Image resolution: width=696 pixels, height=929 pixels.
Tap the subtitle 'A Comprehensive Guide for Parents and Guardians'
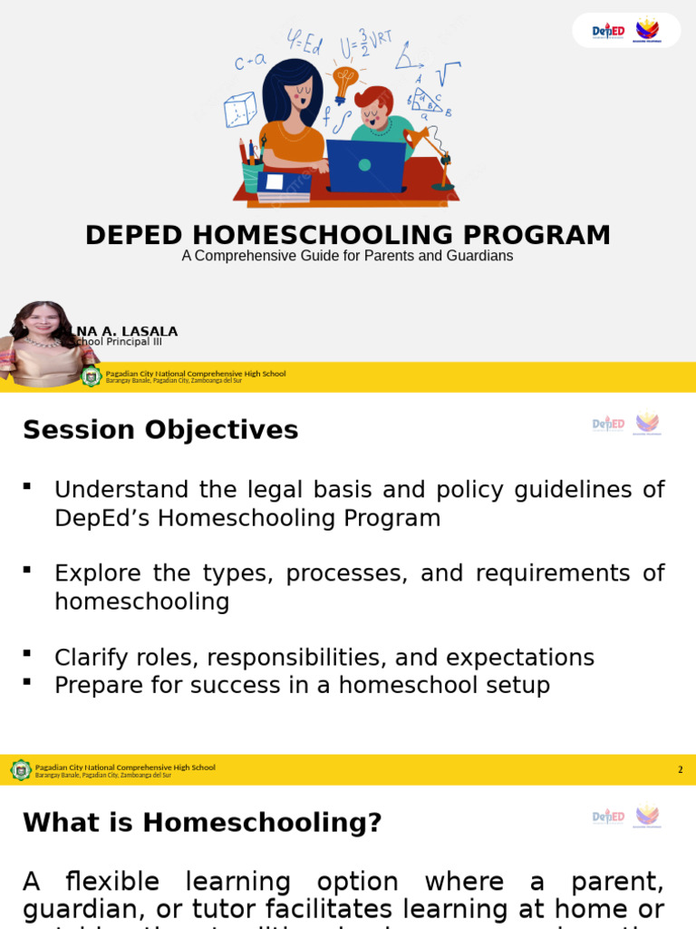(x=347, y=256)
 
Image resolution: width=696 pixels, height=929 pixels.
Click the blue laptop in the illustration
(x=364, y=165)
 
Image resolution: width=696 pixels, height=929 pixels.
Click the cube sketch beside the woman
(x=240, y=110)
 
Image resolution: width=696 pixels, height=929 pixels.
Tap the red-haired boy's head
(x=373, y=104)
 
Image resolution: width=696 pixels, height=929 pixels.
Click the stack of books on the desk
(x=284, y=186)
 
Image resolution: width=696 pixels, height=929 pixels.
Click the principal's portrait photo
(x=43, y=344)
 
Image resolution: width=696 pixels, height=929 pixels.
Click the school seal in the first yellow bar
(x=91, y=376)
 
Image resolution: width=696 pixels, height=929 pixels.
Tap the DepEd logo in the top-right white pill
(x=608, y=31)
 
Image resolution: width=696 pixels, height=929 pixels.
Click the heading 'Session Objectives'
(x=160, y=430)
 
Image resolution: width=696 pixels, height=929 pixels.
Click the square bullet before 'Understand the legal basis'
(x=27, y=487)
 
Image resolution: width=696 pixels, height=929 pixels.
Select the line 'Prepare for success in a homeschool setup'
(x=302, y=685)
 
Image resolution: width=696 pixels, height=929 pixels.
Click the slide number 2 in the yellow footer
(x=681, y=770)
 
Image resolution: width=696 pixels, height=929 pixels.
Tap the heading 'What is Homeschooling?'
(x=202, y=823)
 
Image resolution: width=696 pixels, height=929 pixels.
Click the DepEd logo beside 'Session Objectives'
(x=608, y=424)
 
